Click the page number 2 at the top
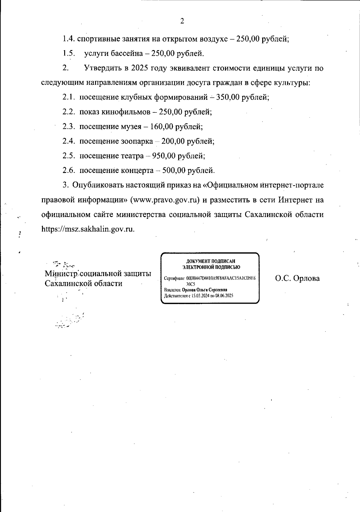pyautogui.click(x=182, y=21)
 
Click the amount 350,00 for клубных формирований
pyautogui.click(x=229, y=97)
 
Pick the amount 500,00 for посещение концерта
pyautogui.click(x=174, y=171)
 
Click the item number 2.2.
pyautogui.click(x=68, y=112)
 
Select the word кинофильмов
pyautogui.click(x=126, y=112)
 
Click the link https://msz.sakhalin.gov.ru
pyautogui.click(x=88, y=229)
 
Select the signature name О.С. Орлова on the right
pyautogui.click(x=297, y=278)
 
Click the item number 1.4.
pyautogui.click(x=69, y=39)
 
